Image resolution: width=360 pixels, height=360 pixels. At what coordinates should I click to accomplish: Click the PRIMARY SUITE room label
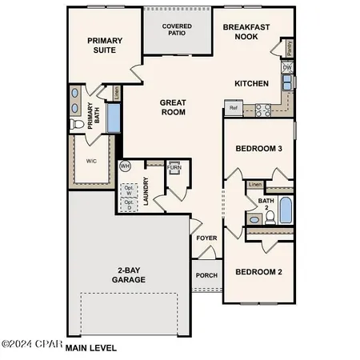[x=102, y=45]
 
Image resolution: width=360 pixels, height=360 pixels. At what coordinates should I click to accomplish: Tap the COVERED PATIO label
[x=177, y=30]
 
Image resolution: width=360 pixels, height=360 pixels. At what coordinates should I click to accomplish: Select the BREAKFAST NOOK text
[x=246, y=31]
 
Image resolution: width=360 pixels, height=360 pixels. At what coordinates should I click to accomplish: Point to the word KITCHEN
[x=251, y=84]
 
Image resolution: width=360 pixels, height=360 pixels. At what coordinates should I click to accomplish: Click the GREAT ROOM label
[x=173, y=107]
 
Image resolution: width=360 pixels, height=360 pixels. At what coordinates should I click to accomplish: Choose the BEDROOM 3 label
[x=258, y=149]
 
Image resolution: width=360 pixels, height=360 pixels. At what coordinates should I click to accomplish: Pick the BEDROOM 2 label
[x=258, y=272]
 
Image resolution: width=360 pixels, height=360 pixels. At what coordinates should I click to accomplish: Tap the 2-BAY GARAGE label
[x=129, y=276]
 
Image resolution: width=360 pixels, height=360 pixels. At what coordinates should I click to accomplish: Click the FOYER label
[x=206, y=238]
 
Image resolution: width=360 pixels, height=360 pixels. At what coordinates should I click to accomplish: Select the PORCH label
[x=206, y=275]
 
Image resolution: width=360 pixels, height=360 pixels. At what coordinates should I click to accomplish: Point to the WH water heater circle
[x=125, y=166]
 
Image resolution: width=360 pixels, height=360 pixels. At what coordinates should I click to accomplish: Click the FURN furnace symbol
[x=174, y=168]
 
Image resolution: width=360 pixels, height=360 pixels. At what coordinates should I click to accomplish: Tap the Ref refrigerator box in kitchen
[x=234, y=107]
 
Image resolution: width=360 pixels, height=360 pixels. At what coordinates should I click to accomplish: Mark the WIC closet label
[x=90, y=160]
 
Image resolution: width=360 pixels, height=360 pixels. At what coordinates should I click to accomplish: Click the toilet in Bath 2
[x=270, y=216]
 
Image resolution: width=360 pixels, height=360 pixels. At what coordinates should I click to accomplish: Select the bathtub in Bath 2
[x=286, y=210]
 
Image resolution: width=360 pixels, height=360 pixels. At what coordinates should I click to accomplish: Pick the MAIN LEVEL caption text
[x=90, y=348]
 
